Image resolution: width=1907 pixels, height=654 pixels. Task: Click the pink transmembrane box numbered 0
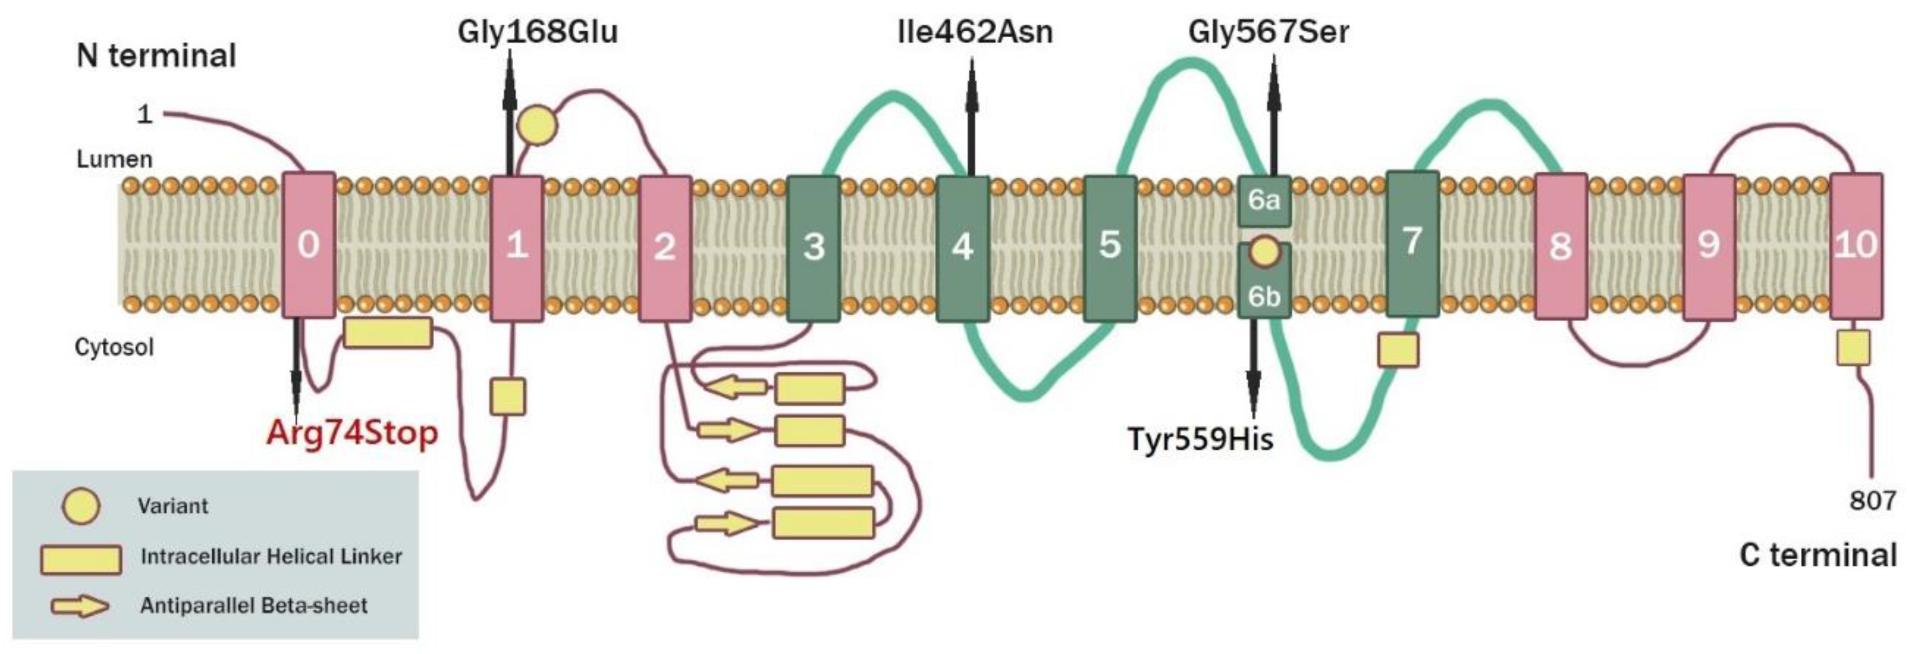(x=309, y=245)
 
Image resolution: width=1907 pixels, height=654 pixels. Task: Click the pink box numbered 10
(x=1856, y=245)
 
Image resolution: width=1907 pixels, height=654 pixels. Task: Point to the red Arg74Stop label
(x=352, y=433)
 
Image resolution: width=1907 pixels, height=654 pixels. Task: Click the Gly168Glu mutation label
(x=537, y=32)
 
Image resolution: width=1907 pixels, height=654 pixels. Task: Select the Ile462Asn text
(x=974, y=32)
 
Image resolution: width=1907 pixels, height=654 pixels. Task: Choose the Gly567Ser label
(x=1268, y=32)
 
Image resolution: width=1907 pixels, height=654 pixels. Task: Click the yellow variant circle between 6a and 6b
(x=1263, y=251)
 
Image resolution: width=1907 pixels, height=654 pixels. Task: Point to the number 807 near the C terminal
(x=1872, y=500)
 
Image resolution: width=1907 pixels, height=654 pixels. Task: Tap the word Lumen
(x=114, y=159)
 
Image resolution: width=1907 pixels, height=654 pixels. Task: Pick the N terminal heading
(x=156, y=55)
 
